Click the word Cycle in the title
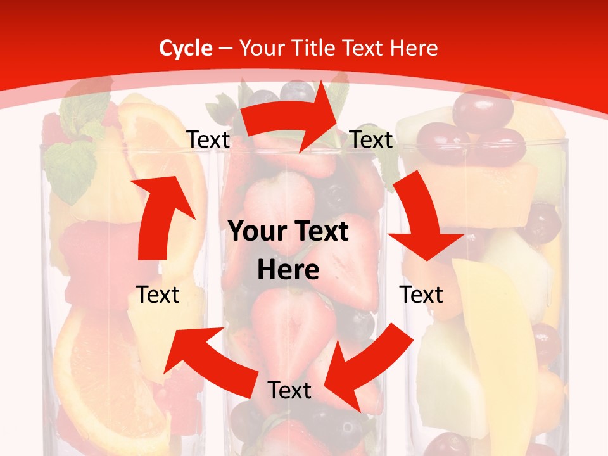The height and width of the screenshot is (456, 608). point(186,48)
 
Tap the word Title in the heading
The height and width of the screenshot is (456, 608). point(315,48)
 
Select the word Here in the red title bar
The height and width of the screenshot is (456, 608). point(415,48)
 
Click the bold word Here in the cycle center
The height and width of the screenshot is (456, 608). point(288,270)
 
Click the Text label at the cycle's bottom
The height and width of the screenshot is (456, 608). point(289,391)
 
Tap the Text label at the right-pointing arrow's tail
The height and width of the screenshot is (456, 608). point(208,140)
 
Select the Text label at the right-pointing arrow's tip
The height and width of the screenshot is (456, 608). point(371,140)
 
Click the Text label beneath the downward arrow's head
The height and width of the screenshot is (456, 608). point(421,294)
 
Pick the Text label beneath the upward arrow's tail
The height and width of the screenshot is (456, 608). point(158,294)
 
